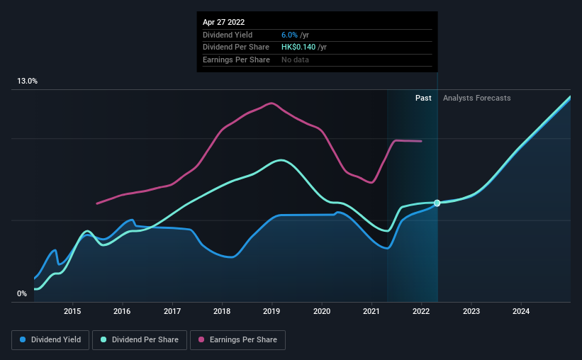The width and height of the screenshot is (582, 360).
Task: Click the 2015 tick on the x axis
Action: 72,311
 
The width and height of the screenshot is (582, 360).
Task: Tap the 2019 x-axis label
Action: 272,311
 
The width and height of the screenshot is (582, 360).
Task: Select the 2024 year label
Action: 521,311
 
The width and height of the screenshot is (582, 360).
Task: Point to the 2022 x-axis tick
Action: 421,311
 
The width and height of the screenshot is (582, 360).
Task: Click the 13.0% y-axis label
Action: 28,81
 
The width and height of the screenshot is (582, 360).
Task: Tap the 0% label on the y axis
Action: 22,293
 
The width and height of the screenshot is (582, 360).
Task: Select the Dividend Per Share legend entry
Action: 142,340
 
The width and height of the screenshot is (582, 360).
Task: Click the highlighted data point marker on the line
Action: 437,203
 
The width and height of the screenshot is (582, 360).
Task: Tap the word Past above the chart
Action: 423,99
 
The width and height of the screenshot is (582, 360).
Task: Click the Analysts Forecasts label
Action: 476,99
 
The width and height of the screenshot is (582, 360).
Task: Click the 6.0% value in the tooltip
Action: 290,35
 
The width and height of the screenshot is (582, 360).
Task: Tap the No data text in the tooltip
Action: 295,60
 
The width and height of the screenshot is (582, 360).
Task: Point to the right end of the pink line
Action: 422,141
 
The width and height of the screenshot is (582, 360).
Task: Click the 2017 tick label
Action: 172,311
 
